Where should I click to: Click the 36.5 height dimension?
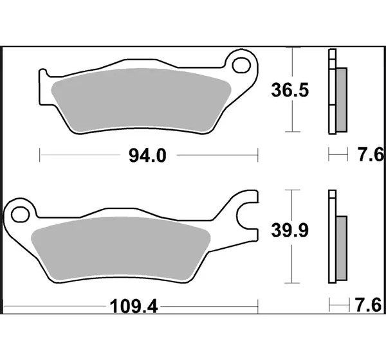(289, 90)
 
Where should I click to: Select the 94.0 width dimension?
(147, 156)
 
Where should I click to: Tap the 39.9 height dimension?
(289, 231)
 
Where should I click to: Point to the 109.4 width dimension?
(134, 307)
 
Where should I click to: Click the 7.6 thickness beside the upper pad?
(371, 155)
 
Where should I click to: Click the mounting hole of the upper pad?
(241, 66)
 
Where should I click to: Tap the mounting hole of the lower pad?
(20, 215)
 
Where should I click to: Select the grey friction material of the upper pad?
(141, 100)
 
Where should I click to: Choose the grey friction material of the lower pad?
(121, 249)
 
